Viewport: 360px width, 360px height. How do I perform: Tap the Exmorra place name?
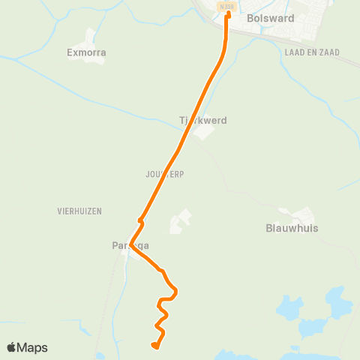tap(85, 53)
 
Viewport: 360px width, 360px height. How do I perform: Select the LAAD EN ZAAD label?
tap(312, 52)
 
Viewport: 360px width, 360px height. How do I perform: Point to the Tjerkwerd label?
tap(202, 120)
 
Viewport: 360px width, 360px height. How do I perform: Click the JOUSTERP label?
tap(165, 174)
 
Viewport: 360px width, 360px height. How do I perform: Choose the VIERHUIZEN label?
tap(78, 211)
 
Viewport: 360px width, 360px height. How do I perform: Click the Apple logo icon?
tap(12, 347)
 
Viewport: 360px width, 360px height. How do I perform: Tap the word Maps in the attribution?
tap(32, 347)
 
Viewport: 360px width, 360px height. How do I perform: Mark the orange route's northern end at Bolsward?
tap(227, 13)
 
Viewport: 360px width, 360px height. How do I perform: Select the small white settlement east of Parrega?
tap(181, 221)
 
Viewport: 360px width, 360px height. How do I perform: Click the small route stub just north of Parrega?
tap(140, 220)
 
